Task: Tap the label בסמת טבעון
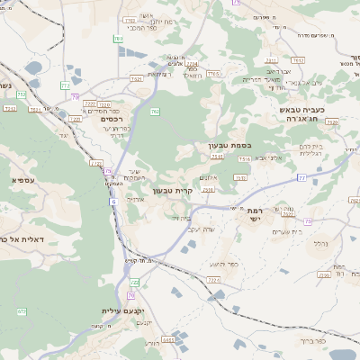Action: tap(217, 144)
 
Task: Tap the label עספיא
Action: tap(23, 180)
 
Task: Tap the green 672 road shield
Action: tap(20, 311)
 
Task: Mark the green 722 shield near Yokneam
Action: tap(133, 283)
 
